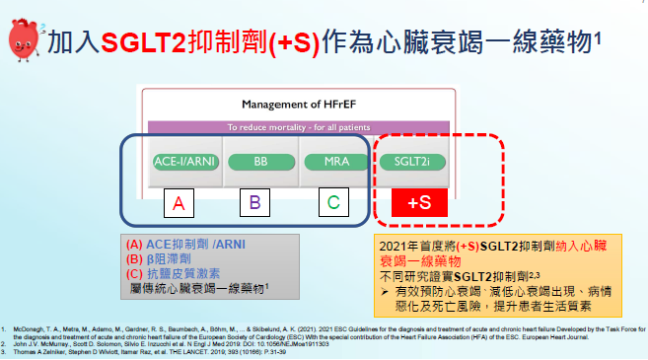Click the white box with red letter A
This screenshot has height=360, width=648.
click(179, 204)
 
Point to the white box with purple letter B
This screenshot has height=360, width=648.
click(254, 204)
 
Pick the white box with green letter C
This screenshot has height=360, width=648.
click(333, 204)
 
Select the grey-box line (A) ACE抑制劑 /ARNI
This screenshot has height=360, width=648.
click(185, 245)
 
